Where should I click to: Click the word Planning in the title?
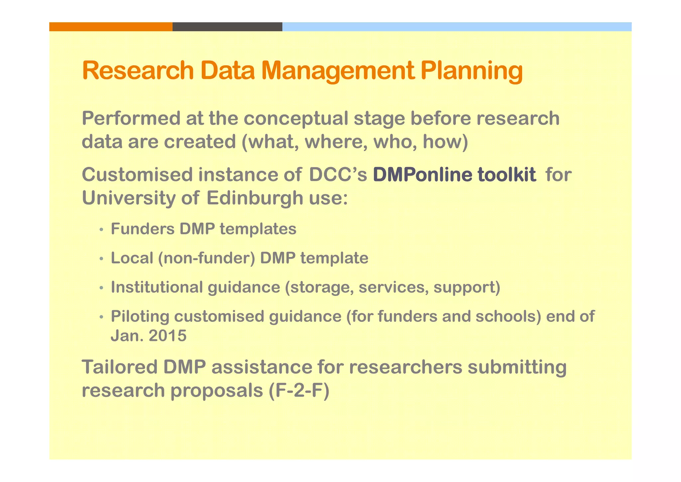[471, 71]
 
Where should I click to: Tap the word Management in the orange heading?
[338, 71]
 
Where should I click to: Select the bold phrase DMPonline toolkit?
[454, 174]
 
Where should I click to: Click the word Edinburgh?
[255, 198]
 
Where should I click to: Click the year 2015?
[168, 336]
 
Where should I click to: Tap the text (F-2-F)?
[298, 390]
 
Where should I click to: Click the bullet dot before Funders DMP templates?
[101, 230]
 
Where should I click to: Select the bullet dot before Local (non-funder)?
[101, 259]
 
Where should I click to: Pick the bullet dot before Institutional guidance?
[101, 288]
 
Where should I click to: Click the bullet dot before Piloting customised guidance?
[101, 317]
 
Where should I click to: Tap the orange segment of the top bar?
[111, 27]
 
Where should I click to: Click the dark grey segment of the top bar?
[227, 27]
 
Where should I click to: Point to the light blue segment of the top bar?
[457, 27]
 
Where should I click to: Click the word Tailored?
[119, 367]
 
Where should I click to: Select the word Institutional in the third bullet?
[157, 287]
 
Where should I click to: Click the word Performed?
[131, 119]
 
